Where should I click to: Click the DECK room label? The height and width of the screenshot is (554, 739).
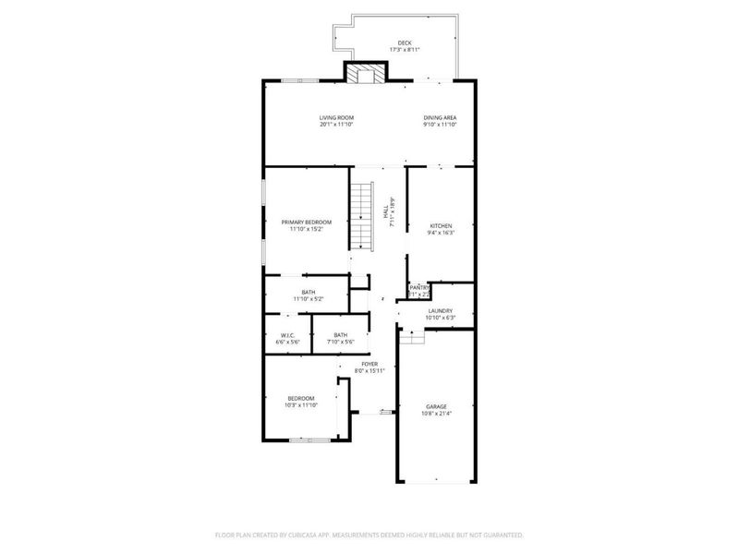[404, 42]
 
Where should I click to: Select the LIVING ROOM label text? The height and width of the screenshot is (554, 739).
[336, 117]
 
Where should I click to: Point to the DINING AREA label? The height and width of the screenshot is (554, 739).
[440, 117]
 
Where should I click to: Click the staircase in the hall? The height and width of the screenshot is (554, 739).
[359, 216]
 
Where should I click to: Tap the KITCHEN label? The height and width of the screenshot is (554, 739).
[441, 226]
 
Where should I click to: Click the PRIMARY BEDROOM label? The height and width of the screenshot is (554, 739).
[307, 223]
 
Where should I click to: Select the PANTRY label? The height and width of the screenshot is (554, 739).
[419, 287]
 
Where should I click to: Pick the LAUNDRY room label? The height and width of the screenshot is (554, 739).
[440, 311]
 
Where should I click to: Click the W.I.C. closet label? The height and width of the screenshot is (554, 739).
[287, 335]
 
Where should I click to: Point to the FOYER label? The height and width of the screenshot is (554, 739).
[369, 365]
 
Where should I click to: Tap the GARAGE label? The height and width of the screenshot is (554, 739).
[436, 406]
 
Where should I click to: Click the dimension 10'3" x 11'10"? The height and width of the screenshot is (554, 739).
[301, 404]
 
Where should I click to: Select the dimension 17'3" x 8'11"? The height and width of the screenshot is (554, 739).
[404, 50]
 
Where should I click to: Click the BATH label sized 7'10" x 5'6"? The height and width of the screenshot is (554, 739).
[341, 335]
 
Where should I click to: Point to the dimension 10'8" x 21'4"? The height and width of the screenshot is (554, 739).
[436, 414]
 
